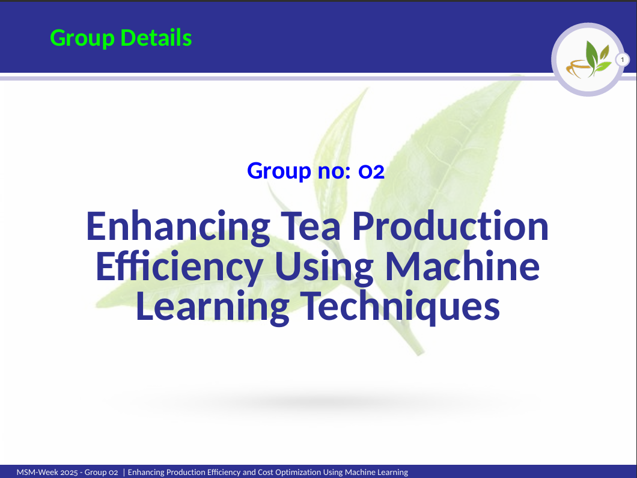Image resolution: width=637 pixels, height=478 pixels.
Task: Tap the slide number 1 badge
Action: point(622,60)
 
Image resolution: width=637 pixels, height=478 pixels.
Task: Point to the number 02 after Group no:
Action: point(371,171)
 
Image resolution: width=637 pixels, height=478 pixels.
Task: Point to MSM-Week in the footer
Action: point(37,473)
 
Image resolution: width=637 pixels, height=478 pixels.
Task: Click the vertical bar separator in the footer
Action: point(123,473)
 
